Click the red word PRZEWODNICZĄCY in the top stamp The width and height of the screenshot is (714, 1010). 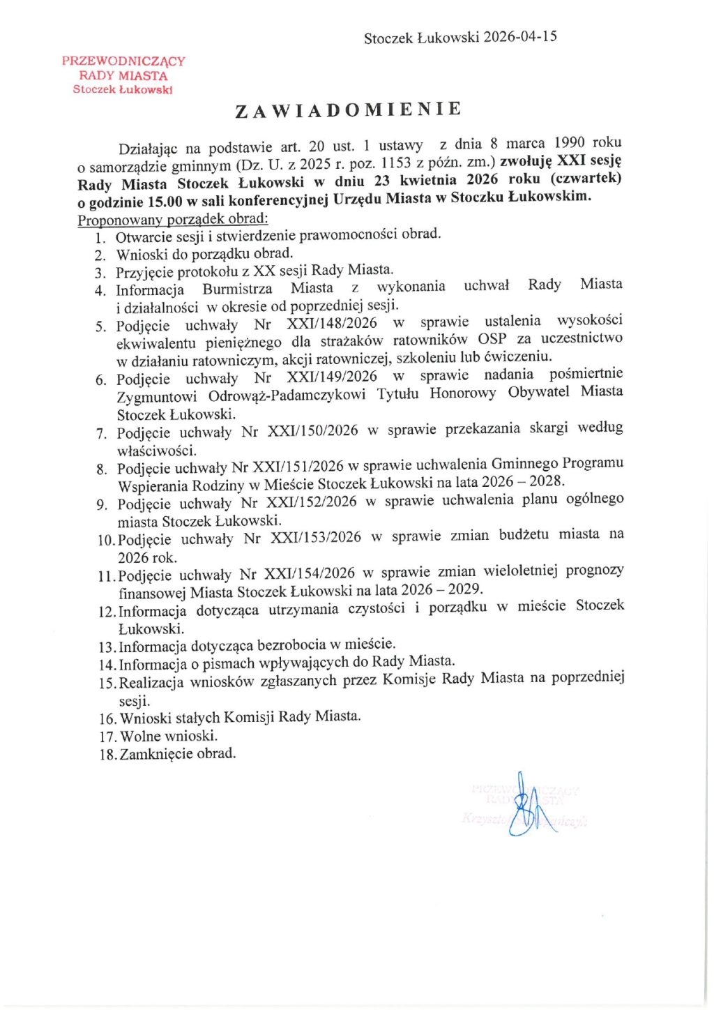point(123,61)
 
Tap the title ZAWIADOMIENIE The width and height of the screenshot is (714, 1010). point(348,110)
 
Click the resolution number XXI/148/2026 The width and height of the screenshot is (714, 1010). point(331,324)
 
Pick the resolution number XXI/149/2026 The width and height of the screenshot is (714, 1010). point(331,377)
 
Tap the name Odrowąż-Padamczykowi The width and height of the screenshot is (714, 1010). point(287,395)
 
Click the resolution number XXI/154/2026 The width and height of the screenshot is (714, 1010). point(310,573)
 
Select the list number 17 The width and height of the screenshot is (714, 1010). point(107,737)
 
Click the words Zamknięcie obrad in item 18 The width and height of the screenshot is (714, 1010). point(178,754)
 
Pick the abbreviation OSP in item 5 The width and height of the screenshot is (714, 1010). point(492,340)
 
